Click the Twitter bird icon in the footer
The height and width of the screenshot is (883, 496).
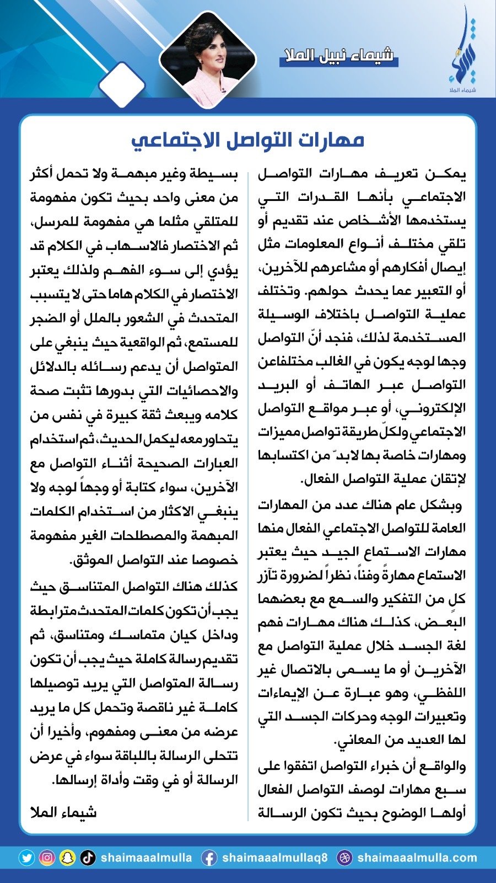pyautogui.click(x=26, y=858)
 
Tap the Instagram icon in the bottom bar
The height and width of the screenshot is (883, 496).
pyautogui.click(x=47, y=858)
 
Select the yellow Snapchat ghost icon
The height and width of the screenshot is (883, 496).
pyautogui.click(x=67, y=858)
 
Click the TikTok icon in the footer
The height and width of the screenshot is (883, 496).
pyautogui.click(x=88, y=858)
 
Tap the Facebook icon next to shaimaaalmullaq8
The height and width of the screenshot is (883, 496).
pyautogui.click(x=209, y=858)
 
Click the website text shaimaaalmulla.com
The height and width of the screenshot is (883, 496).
pyautogui.click(x=417, y=858)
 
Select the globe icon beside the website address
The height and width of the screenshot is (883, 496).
pyautogui.click(x=344, y=858)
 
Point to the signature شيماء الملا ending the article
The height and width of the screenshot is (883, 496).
pyautogui.click(x=63, y=812)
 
